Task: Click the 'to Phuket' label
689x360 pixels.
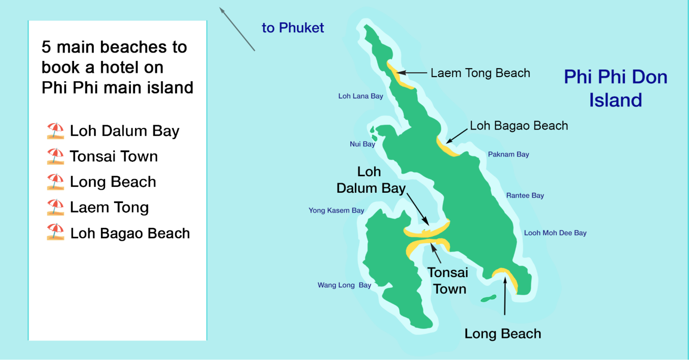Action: [x=292, y=28]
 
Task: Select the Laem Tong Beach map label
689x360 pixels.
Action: [x=480, y=73]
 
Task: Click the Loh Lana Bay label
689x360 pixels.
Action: [x=361, y=96]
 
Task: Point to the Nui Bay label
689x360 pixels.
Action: [x=362, y=144]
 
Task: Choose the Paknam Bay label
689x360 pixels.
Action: [x=508, y=154]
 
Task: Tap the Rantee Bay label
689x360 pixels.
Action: [x=525, y=195]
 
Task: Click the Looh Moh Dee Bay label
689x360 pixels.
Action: [x=555, y=233]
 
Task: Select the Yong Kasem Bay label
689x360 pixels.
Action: [x=336, y=210]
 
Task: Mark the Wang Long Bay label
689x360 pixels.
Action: [x=344, y=285]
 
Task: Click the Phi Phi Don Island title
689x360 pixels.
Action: [x=615, y=88]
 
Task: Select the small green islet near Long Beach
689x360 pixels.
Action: [x=488, y=298]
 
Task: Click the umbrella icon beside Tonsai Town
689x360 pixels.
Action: [x=55, y=156]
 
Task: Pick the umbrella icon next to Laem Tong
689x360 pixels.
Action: [x=55, y=208]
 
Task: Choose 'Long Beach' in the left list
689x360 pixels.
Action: [x=113, y=182]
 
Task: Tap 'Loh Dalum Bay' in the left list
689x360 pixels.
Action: [x=124, y=131]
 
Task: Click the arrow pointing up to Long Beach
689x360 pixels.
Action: [x=505, y=296]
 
